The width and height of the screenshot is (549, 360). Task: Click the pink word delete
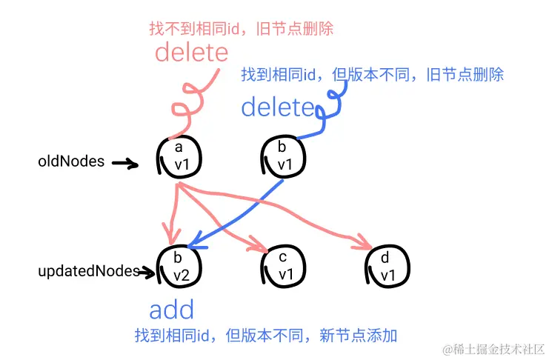[192, 53]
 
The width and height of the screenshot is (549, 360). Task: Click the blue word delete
[277, 107]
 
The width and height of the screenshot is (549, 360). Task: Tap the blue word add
[171, 310]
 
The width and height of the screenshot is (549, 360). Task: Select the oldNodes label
[71, 161]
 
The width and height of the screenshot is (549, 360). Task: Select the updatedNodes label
[88, 272]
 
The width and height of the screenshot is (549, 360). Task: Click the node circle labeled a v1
[179, 156]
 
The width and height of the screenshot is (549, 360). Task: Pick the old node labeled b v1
[282, 156]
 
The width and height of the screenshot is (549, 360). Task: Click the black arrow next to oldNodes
[125, 163]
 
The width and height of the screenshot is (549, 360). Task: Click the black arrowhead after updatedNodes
[150, 273]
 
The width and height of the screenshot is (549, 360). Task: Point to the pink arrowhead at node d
[365, 243]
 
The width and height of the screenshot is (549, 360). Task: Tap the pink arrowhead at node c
[259, 244]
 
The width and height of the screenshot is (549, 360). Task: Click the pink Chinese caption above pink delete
[241, 29]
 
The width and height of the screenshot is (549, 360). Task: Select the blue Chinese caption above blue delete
[372, 75]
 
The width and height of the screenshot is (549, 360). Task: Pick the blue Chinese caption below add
[266, 336]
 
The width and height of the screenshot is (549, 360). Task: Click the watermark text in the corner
[493, 348]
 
